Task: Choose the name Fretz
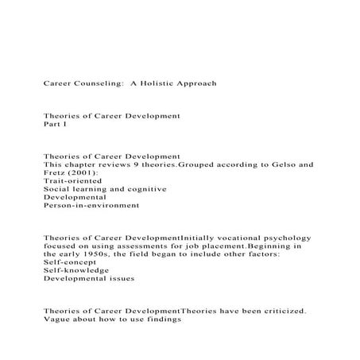coord(55,174)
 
